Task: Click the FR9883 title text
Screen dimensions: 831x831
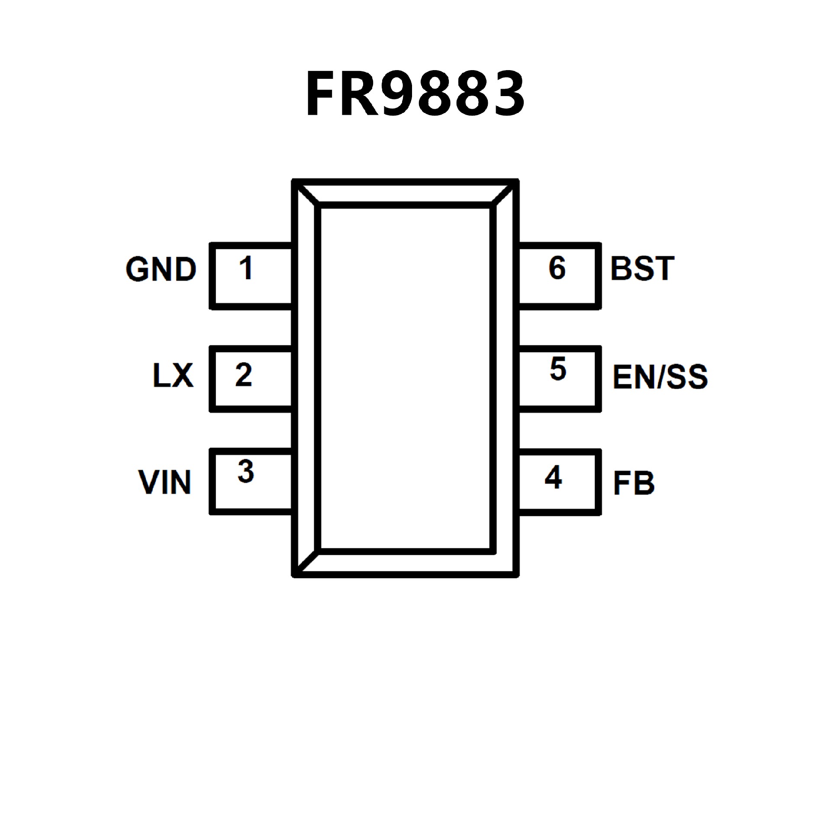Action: coord(415,94)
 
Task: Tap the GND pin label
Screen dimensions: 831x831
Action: coord(161,269)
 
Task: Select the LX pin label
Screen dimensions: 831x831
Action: coord(173,375)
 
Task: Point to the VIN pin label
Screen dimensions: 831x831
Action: coord(165,482)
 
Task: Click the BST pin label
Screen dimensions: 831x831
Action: coord(642,268)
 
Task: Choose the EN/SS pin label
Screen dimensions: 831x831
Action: coord(660,377)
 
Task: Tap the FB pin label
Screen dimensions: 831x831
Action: coord(634,483)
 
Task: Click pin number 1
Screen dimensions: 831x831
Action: coord(246,268)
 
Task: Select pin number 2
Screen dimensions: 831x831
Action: coord(244,375)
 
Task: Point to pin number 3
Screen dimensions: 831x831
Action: coord(245,471)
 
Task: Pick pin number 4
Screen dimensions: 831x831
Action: coord(554,477)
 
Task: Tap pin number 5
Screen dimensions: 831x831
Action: coord(558,369)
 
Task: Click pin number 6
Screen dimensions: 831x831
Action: coord(557,268)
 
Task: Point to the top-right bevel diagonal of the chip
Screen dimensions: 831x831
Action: coord(504,193)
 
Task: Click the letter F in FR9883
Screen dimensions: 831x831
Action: coord(322,94)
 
